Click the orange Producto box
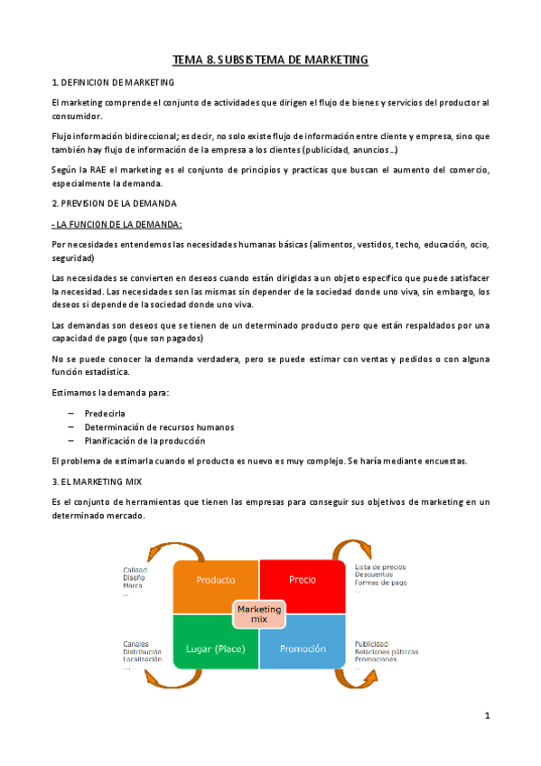[216, 580]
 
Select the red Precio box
[302, 580]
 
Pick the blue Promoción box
[303, 649]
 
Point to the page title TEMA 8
[271, 60]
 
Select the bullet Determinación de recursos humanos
[159, 426]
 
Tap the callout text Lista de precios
[380, 567]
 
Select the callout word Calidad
[136, 569]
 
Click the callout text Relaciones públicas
[387, 651]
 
